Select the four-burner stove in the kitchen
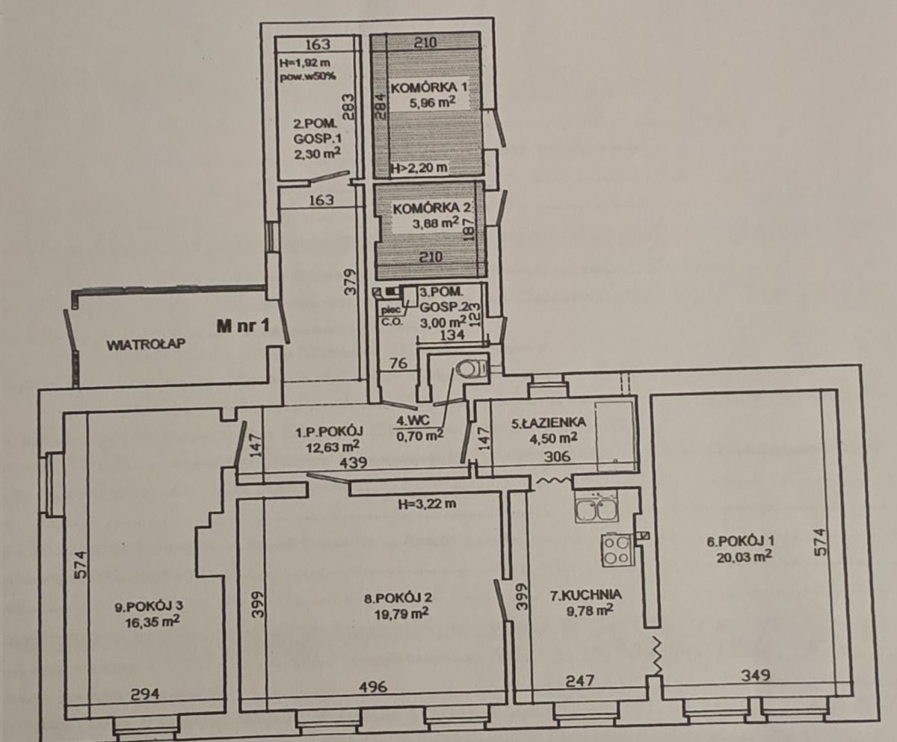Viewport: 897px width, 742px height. pyautogui.click(x=617, y=550)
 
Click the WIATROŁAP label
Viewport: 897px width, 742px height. pyautogui.click(x=146, y=344)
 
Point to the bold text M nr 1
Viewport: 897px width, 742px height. pyautogui.click(x=243, y=326)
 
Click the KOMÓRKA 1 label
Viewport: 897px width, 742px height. pyautogui.click(x=428, y=87)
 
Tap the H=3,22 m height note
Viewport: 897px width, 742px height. pyautogui.click(x=427, y=504)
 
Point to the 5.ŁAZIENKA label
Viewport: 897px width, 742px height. pyautogui.click(x=548, y=422)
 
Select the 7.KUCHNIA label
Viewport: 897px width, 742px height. pyautogui.click(x=586, y=595)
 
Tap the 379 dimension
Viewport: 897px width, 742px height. pyautogui.click(x=351, y=282)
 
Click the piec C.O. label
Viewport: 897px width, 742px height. pyautogui.click(x=390, y=315)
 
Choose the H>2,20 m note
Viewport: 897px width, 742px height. pyautogui.click(x=419, y=167)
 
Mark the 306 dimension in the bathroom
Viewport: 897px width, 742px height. pyautogui.click(x=557, y=456)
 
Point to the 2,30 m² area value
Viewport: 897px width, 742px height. pyautogui.click(x=318, y=153)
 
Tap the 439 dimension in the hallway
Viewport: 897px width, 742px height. pyautogui.click(x=353, y=463)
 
